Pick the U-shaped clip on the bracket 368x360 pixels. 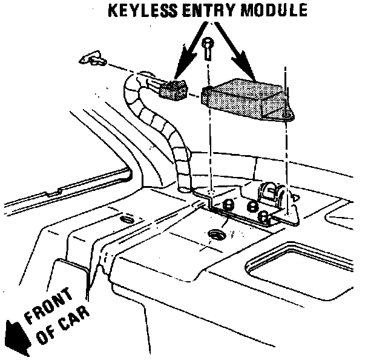(x=270, y=192)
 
